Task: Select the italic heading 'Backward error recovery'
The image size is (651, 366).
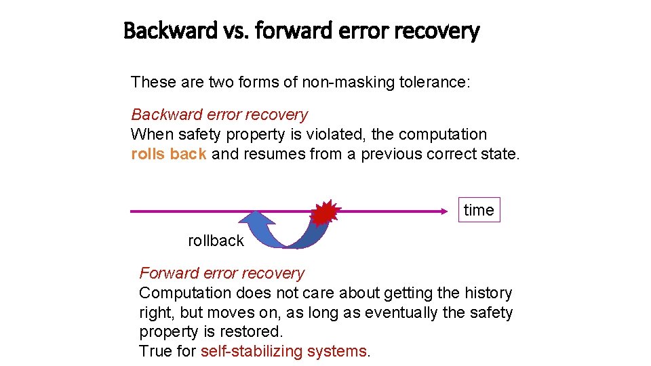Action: [x=219, y=115]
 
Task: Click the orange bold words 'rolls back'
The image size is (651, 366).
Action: [x=168, y=154]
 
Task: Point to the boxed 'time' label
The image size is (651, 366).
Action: [x=479, y=210]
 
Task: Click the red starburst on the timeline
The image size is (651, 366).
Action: [x=324, y=213]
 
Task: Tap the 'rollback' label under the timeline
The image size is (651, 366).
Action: [x=216, y=241]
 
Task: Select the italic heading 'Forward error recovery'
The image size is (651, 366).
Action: [x=222, y=273]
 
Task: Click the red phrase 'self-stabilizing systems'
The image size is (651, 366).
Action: [x=283, y=351]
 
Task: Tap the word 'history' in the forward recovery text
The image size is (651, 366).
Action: [x=488, y=293]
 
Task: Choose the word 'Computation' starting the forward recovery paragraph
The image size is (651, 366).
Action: [x=185, y=293]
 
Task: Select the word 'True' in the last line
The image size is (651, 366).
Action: [x=154, y=351]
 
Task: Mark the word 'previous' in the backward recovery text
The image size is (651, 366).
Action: [x=391, y=154]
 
